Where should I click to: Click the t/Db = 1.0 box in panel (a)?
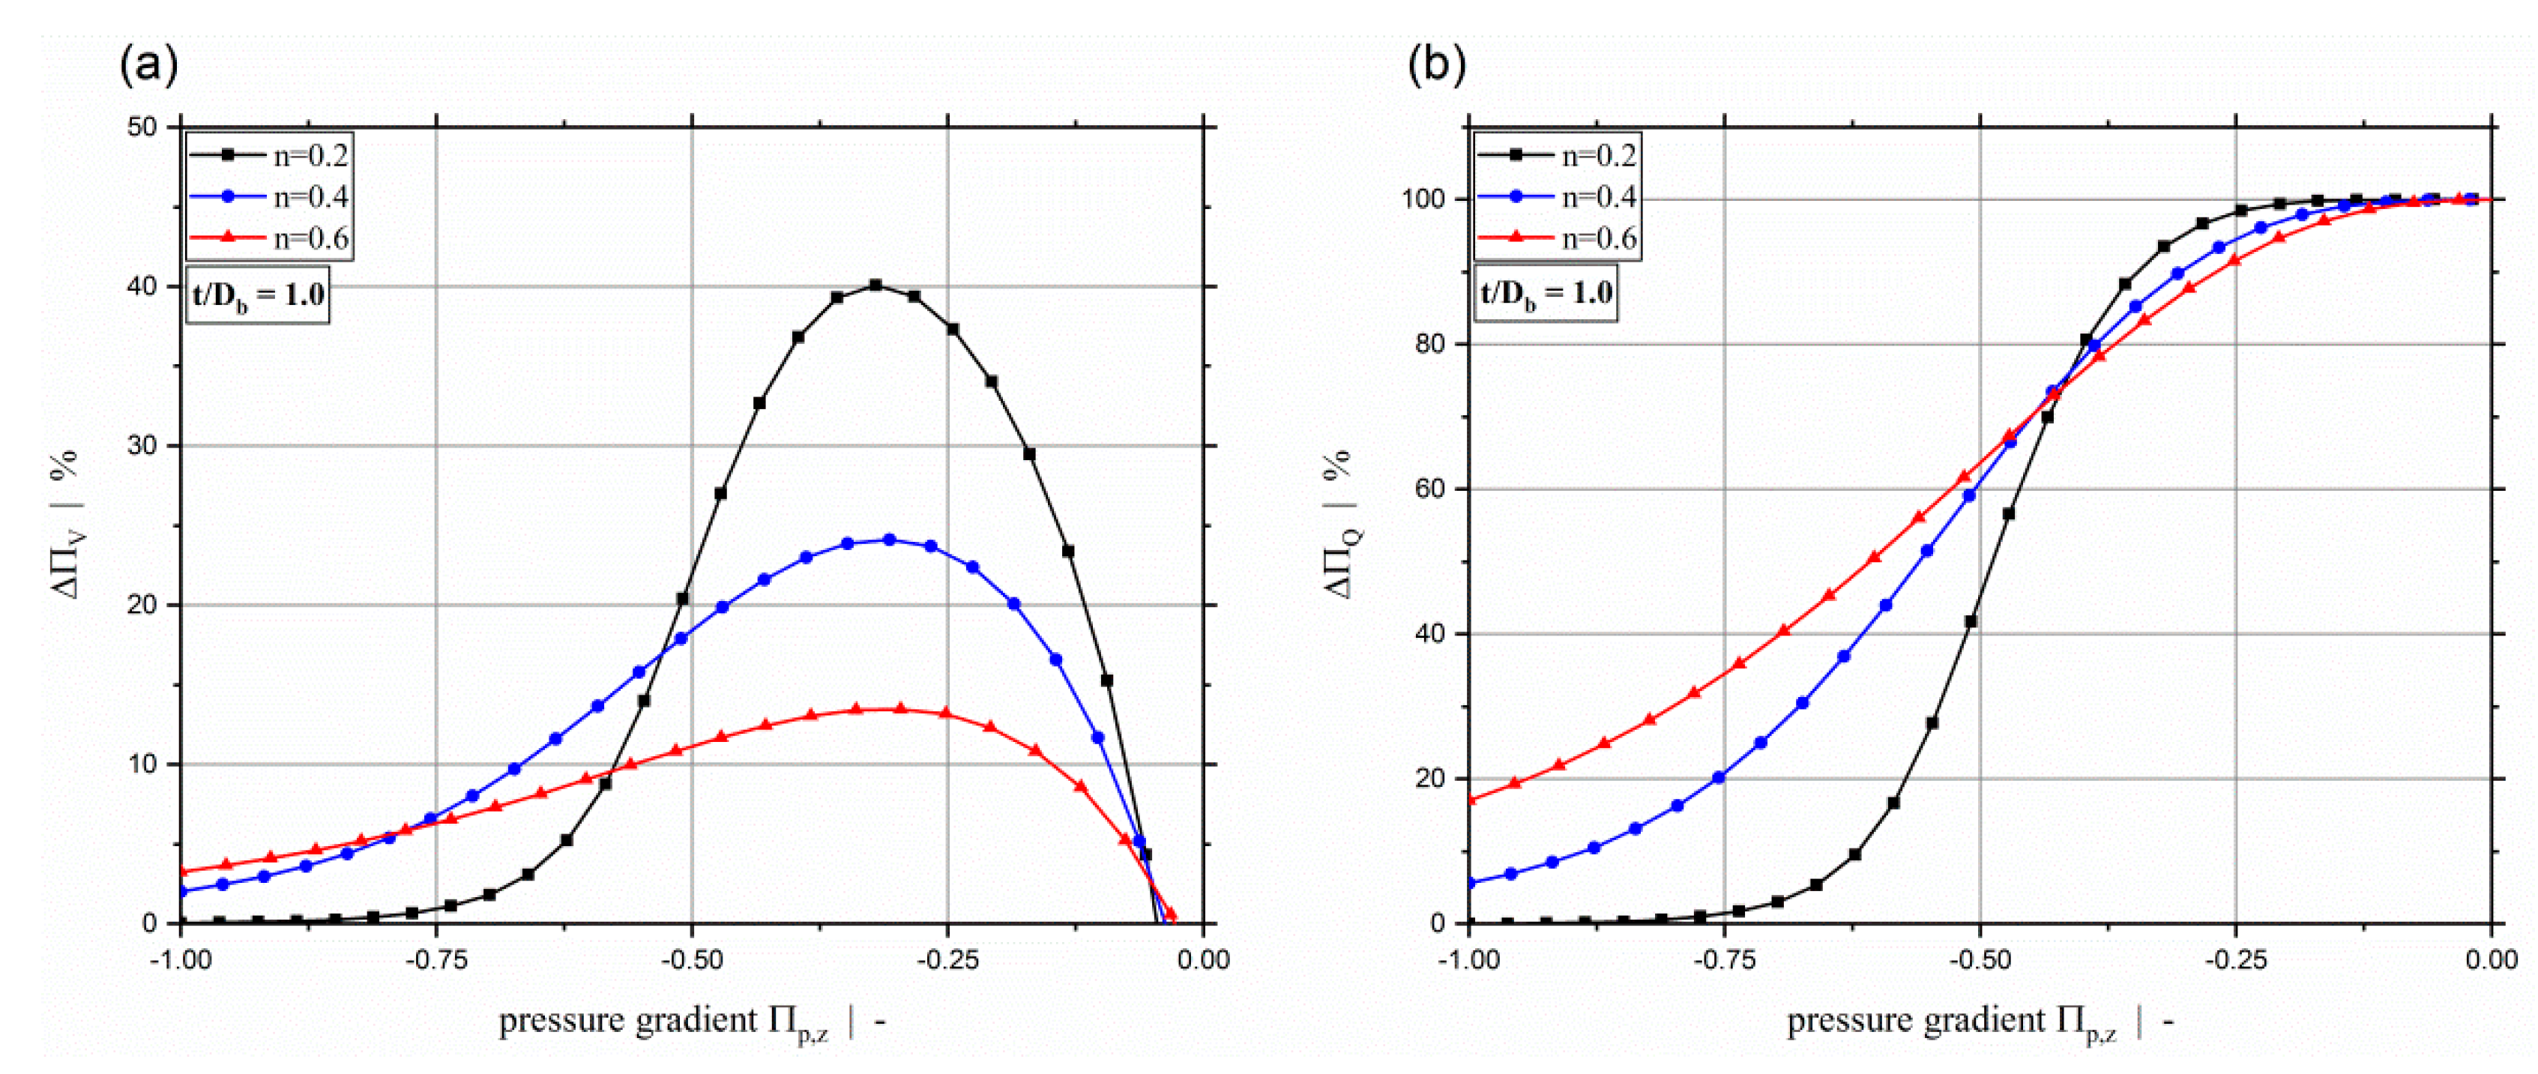click(257, 295)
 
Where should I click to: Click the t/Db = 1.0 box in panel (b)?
click(1545, 295)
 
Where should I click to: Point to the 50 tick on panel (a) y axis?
click(143, 127)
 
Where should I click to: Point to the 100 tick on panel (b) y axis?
click(1422, 199)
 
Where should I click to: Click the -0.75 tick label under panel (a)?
click(435, 959)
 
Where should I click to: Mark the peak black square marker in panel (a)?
click(875, 286)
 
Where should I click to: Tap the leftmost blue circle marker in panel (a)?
click(182, 890)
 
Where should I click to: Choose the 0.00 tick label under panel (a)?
click(1202, 959)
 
